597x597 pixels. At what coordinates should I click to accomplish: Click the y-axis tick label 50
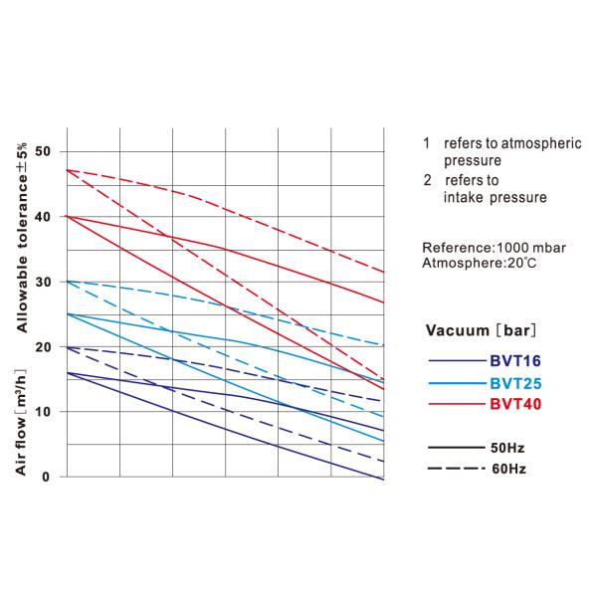click(x=43, y=151)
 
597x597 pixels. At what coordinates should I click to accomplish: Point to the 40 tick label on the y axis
click(x=43, y=216)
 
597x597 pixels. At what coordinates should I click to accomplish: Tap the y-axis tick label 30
click(x=43, y=282)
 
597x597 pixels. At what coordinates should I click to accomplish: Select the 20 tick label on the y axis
click(x=43, y=346)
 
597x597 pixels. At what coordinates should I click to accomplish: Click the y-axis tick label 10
click(x=43, y=411)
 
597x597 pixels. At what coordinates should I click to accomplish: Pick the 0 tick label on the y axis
click(x=47, y=477)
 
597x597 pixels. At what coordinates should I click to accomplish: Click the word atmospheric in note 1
click(x=542, y=143)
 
